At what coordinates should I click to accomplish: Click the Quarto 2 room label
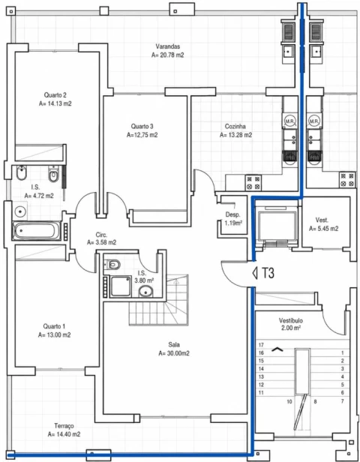55,94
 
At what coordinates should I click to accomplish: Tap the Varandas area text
168,55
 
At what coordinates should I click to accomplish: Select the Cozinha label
235,127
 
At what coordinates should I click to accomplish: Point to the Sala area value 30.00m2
174,353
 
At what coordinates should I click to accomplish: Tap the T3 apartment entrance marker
264,273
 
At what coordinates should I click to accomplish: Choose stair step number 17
261,345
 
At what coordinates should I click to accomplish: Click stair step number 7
342,401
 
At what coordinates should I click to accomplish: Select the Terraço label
64,426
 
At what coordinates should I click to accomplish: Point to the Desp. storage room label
232,214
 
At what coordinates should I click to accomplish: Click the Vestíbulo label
291,320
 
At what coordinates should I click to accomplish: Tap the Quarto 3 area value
142,135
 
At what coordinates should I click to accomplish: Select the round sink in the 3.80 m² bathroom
145,292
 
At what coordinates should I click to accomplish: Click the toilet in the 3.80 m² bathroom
113,264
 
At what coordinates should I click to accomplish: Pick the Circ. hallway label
101,235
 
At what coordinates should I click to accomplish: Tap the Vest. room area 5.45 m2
323,229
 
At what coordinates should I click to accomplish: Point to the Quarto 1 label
54,326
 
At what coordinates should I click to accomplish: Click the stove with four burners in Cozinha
253,183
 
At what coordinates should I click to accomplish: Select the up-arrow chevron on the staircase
277,349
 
